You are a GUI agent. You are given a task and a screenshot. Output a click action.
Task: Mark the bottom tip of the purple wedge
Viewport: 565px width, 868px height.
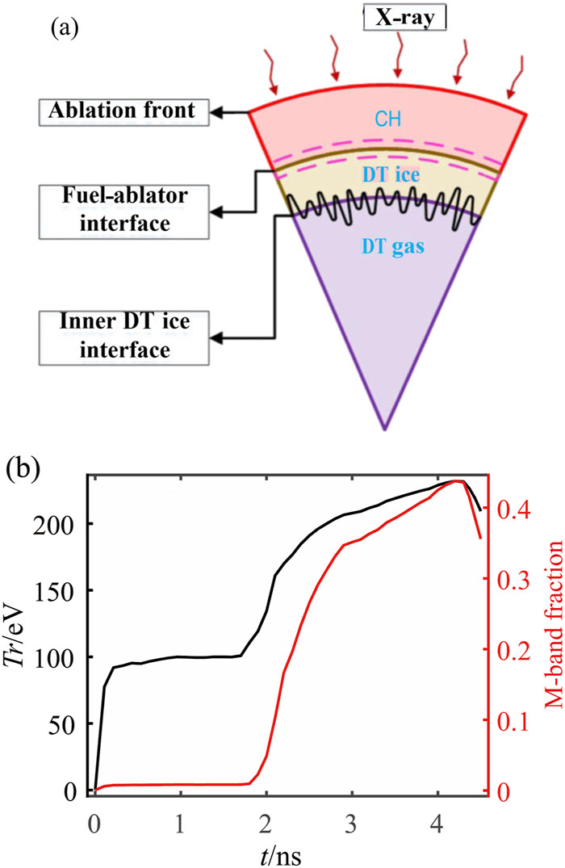pos(385,430)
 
